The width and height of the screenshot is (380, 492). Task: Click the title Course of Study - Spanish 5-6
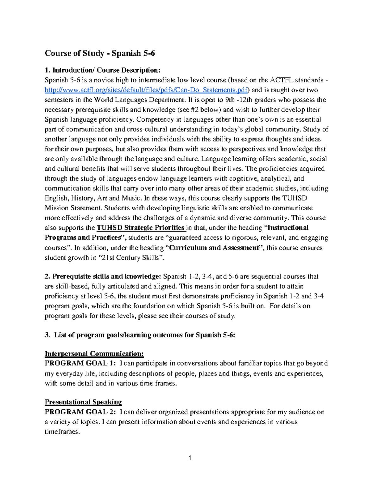point(100,53)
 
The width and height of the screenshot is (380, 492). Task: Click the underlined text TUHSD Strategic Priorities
point(141,228)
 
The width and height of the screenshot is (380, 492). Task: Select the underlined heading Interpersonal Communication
point(94,354)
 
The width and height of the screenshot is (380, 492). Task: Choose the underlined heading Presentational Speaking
point(83,402)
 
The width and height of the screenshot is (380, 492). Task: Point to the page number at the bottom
point(190,458)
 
